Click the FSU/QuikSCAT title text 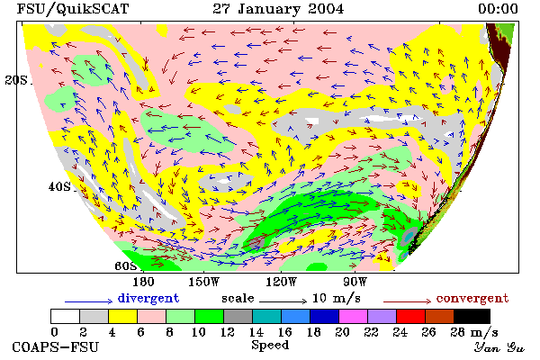pos(73,9)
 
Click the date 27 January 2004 pos(278,9)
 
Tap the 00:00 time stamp pos(498,9)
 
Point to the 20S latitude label pos(16,80)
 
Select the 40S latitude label pos(59,186)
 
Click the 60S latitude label pos(126,265)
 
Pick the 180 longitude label pos(143,282)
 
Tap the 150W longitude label pos(203,282)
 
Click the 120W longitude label pos(281,282)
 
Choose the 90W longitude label pos(355,282)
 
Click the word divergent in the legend pos(148,298)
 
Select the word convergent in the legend pos(472,298)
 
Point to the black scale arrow pos(283,301)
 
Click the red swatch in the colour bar pos(410,316)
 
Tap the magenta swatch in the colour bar pos(353,316)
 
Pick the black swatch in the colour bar pos(472,316)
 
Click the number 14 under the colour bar pos(256,332)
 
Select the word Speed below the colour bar pos(270,346)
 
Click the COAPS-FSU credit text pos(56,346)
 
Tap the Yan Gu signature pos(499,346)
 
